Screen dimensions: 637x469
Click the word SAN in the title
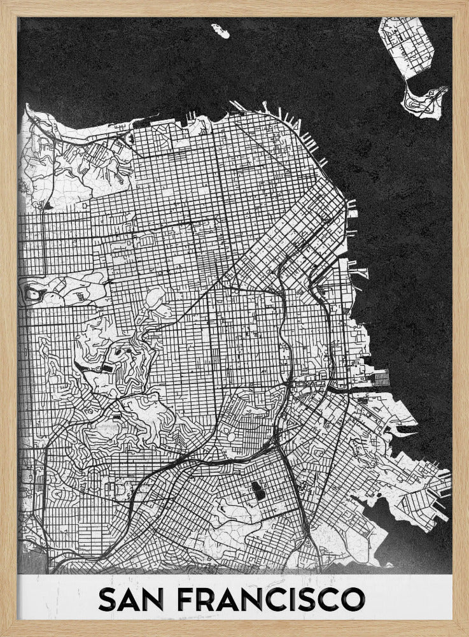(x=132, y=599)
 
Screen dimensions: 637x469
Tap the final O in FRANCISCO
(x=353, y=599)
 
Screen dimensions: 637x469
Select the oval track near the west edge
(x=32, y=294)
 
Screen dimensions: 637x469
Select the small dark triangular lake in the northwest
(x=48, y=205)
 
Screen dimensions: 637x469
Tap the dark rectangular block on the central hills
(x=106, y=368)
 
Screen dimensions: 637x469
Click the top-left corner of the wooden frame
(x=3, y=3)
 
